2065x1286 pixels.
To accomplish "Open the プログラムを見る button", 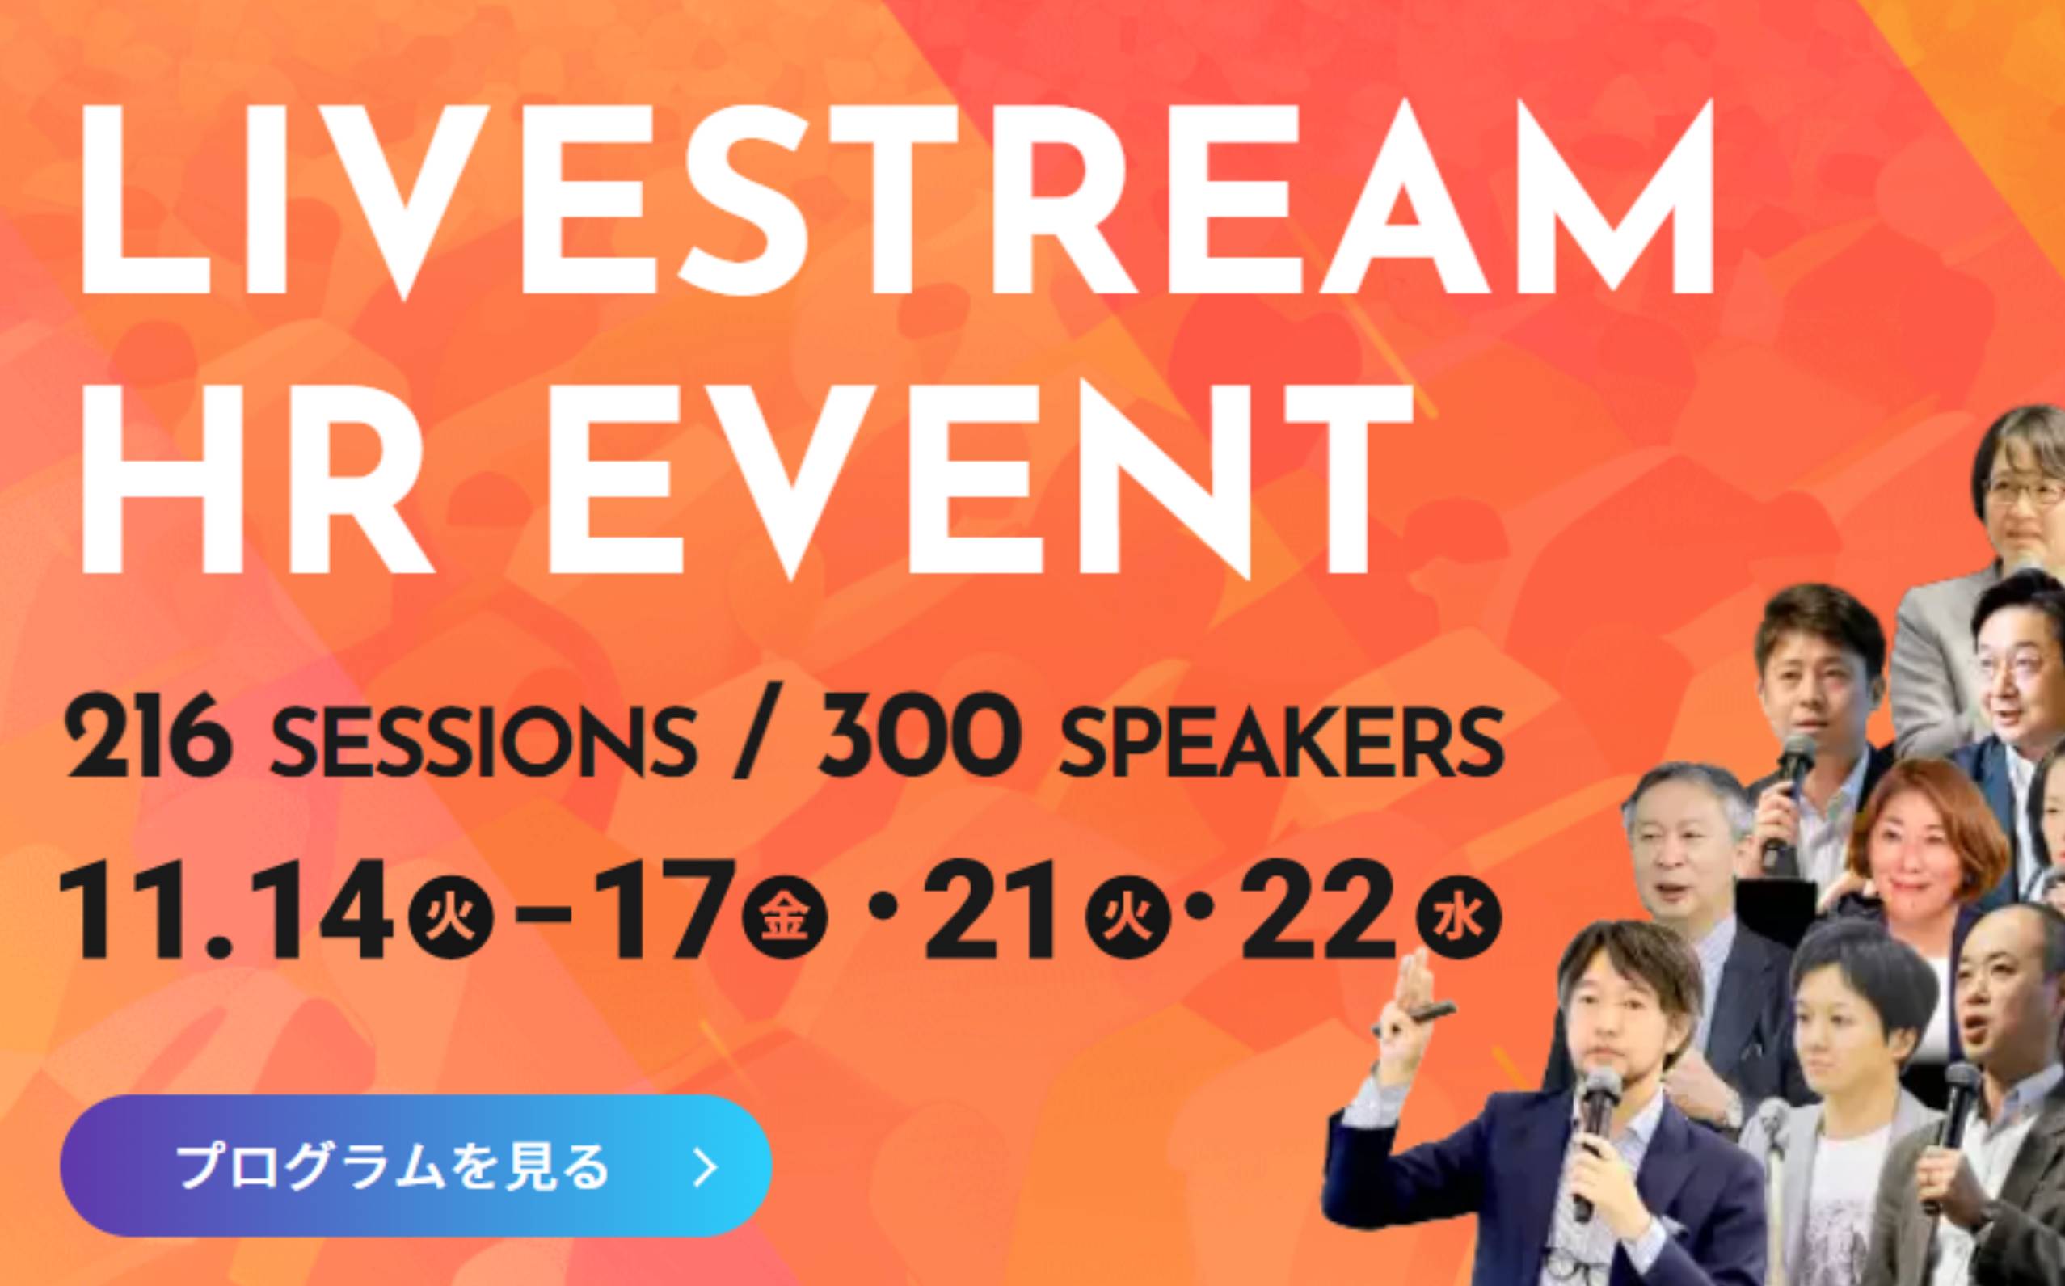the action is pyautogui.click(x=416, y=1166).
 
